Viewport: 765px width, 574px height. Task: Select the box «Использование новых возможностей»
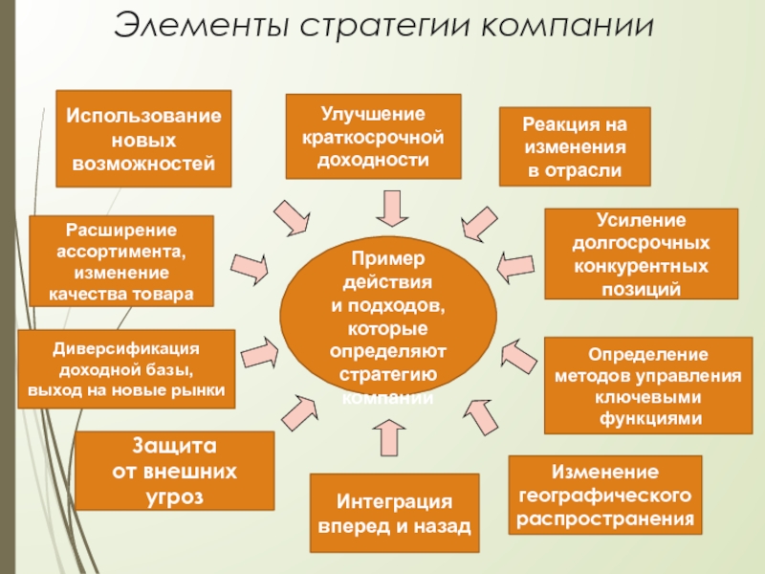(x=142, y=138)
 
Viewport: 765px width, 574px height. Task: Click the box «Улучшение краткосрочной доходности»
(x=373, y=136)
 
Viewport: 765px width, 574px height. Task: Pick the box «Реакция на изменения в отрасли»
(x=575, y=146)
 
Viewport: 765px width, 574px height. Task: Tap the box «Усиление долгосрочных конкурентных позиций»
(x=641, y=254)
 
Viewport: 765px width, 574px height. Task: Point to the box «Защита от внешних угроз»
(x=174, y=471)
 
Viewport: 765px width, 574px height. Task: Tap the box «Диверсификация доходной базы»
(x=127, y=367)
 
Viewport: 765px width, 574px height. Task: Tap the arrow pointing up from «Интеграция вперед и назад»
(x=391, y=437)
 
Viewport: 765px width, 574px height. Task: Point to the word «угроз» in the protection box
(x=174, y=496)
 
